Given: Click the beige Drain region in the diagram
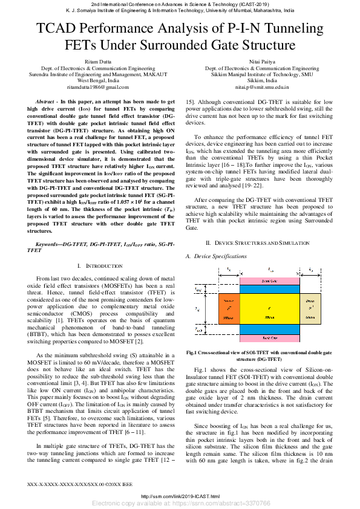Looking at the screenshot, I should pos(310,308).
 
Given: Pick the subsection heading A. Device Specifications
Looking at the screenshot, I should pos(216,256).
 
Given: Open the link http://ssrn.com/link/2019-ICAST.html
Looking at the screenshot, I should pos(180,496).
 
